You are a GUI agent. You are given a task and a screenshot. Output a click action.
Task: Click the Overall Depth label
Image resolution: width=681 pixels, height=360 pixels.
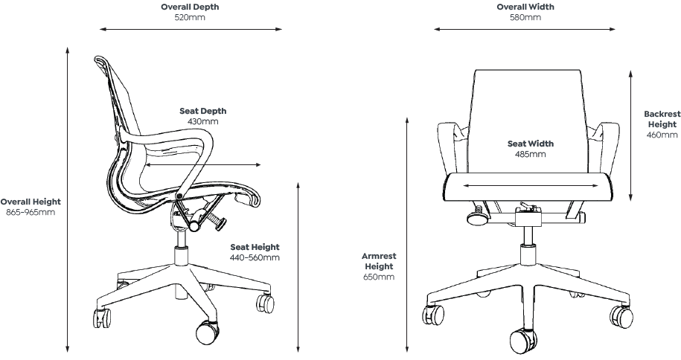(x=191, y=7)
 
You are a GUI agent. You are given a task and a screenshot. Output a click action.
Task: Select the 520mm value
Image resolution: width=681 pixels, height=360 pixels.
(x=191, y=17)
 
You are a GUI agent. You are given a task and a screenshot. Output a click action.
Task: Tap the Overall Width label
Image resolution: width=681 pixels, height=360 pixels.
(x=525, y=7)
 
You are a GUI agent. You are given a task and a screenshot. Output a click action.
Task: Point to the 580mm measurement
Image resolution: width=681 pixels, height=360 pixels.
(x=525, y=17)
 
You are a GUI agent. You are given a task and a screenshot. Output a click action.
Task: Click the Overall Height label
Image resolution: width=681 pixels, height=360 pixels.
(x=31, y=202)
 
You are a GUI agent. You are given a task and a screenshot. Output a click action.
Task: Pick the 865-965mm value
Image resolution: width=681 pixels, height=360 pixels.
(x=31, y=213)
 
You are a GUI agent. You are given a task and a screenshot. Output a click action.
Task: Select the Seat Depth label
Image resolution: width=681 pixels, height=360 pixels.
(x=202, y=111)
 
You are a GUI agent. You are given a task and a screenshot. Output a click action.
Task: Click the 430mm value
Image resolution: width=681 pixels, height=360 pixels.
(x=202, y=121)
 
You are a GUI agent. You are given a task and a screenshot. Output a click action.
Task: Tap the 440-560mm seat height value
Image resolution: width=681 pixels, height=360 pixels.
(x=255, y=257)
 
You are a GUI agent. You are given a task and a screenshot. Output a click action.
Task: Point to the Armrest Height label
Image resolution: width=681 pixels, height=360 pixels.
(x=379, y=261)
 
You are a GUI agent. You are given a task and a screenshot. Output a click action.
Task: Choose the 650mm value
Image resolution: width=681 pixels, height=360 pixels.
(x=379, y=277)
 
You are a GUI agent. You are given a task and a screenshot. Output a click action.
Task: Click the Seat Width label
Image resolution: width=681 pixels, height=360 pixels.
(x=531, y=144)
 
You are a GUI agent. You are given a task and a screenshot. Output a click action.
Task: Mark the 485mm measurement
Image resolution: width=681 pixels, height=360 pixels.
(x=531, y=155)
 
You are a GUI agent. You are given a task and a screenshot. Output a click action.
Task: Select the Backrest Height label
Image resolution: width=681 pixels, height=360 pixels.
(x=662, y=119)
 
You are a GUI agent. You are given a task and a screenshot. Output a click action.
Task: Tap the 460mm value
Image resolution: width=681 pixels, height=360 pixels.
(x=662, y=135)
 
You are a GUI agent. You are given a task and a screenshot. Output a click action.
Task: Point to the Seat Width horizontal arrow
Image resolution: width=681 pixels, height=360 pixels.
(x=530, y=186)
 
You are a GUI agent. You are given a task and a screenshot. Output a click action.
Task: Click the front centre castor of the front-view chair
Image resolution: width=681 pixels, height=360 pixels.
(x=525, y=341)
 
